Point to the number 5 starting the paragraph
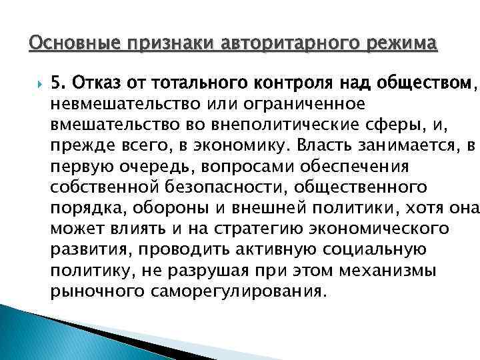point(57,84)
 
